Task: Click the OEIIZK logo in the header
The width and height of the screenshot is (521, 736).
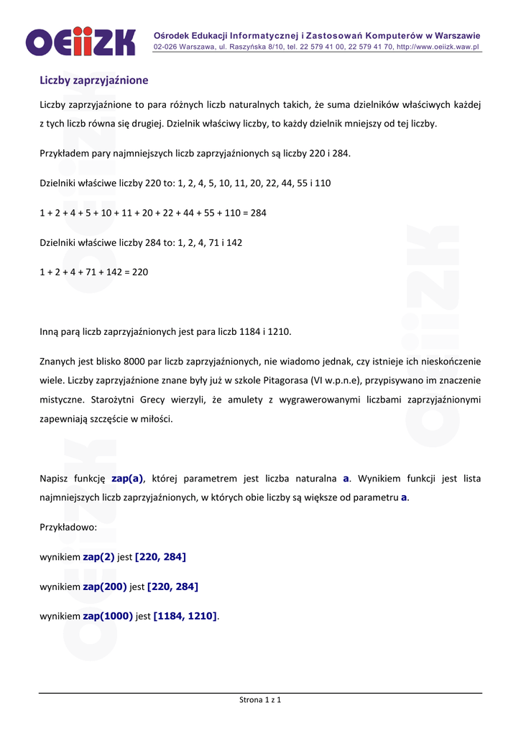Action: [x=80, y=41]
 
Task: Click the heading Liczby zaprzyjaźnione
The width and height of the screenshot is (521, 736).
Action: [x=93, y=80]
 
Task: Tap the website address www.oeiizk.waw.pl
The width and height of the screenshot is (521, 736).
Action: [x=438, y=47]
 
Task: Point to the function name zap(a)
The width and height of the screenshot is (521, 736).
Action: [x=127, y=478]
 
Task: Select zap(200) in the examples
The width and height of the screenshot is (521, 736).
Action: [x=105, y=586]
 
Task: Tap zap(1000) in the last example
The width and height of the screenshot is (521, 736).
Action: [x=108, y=616]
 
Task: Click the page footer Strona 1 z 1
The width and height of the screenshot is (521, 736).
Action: [x=260, y=700]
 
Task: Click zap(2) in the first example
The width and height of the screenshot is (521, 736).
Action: [x=98, y=557]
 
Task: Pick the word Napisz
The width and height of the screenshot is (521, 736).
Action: [x=55, y=478]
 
